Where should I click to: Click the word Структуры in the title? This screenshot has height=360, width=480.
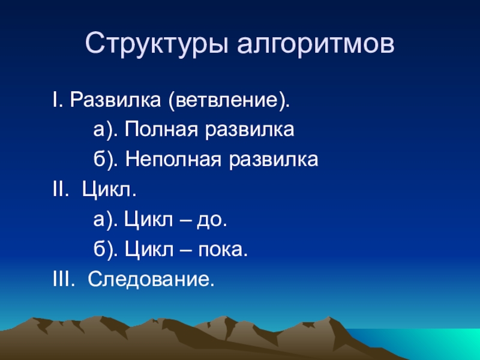coord(157,44)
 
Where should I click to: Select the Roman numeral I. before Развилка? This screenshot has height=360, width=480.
coord(58,100)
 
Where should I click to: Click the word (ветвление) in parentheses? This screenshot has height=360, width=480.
coord(228,100)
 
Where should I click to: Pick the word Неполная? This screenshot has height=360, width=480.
coord(173,160)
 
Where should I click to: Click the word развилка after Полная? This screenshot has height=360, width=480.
coord(250,130)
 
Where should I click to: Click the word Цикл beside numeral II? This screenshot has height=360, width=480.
coord(109,190)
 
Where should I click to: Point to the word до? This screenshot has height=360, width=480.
coord(212,220)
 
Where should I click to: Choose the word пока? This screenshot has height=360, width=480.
coord(223,250)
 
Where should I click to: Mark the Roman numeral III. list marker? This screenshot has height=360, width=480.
coord(64,280)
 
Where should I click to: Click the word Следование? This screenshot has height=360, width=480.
coord(151,280)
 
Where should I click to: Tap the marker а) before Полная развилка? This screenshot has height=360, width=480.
coord(106,130)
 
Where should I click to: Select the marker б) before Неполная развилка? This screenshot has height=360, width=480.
coord(106,160)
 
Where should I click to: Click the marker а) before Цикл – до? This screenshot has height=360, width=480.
coord(106,220)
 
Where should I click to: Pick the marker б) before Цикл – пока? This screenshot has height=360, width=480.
coord(106,250)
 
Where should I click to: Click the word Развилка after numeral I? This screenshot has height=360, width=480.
coord(115,100)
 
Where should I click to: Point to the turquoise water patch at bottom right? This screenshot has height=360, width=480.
coord(428,343)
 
